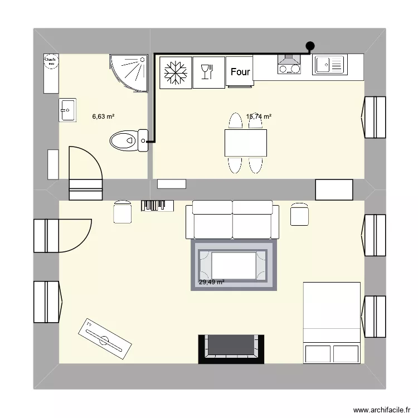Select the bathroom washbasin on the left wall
(67, 110)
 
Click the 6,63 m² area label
(103, 117)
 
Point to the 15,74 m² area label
(259, 117)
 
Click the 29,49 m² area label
(212, 283)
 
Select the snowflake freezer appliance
(175, 72)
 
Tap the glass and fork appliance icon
(208, 72)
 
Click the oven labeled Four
(240, 72)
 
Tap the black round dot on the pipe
(310, 47)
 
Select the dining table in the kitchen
(245, 143)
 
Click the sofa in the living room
(232, 220)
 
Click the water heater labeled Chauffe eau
(50, 74)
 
